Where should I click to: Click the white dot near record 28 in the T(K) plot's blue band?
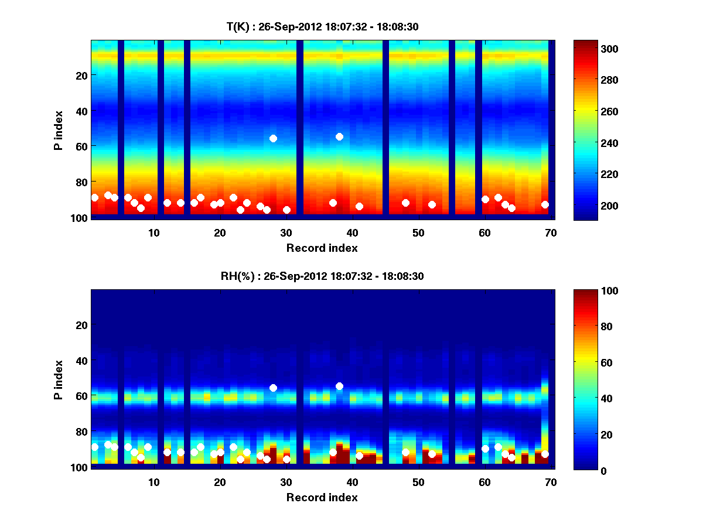(273, 138)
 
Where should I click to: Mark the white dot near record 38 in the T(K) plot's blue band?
(339, 136)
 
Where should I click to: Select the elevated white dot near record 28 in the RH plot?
(273, 388)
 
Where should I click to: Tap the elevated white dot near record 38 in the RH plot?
(339, 386)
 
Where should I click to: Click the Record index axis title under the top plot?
(322, 248)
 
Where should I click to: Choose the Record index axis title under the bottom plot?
(322, 497)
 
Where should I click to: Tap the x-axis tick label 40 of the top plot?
(352, 232)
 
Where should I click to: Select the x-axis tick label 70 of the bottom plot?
(551, 482)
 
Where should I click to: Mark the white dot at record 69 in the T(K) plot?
(545, 204)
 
